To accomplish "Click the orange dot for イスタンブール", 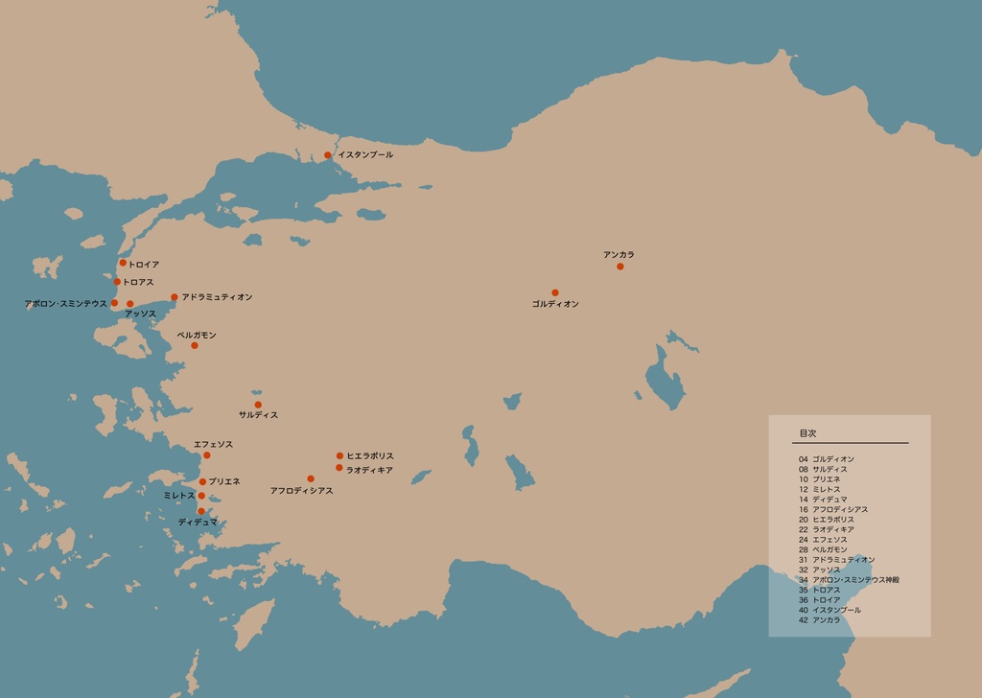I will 327,155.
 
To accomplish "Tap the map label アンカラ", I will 619,254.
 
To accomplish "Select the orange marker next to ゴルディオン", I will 554,292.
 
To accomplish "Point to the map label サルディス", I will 258,415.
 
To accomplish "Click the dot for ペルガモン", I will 194,345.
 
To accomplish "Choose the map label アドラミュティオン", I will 217,297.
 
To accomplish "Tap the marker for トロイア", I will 123,263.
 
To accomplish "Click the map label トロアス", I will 138,282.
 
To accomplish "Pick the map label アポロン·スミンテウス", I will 65,304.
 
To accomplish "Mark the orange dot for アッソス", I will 129,304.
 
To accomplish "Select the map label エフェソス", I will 213,445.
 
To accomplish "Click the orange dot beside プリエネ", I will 202,481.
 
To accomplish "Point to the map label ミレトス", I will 179,496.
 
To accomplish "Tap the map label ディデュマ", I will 198,522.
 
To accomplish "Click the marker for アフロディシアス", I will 310,478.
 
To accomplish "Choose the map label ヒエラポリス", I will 370,456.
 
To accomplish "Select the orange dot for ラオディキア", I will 339,468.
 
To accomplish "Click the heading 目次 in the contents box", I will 807,433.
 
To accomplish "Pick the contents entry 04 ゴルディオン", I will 826,459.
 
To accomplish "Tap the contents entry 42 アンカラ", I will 819,620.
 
